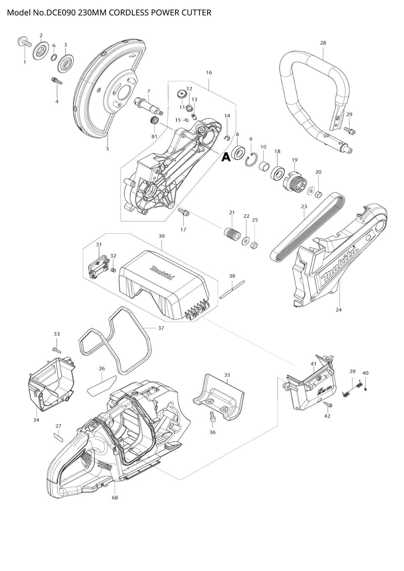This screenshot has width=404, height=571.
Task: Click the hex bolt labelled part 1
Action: [22, 42]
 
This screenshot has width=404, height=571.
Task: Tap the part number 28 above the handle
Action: [323, 43]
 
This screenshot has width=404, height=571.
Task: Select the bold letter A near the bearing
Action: [226, 158]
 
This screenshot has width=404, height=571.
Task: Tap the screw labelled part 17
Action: [185, 214]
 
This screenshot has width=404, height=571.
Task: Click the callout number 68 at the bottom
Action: [115, 498]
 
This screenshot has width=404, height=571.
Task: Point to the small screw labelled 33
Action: [56, 349]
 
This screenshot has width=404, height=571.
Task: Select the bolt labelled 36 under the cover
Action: [212, 417]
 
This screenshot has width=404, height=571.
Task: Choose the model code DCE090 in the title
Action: [60, 12]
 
